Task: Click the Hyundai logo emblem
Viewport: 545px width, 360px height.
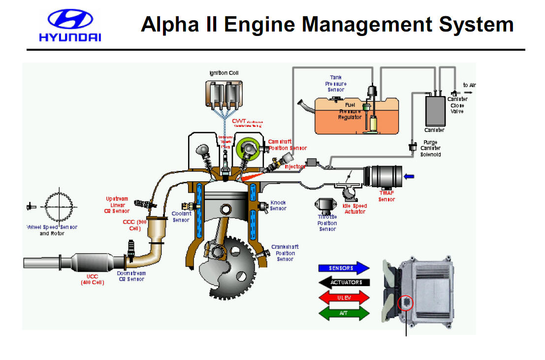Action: point(70,20)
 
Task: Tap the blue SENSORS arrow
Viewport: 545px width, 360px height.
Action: point(344,268)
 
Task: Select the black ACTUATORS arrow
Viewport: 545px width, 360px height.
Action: point(344,282)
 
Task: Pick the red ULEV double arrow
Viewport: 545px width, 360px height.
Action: point(344,297)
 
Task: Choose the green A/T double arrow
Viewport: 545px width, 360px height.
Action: point(344,313)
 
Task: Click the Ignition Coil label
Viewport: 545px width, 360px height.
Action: point(224,73)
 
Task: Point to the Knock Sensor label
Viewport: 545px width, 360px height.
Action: point(278,205)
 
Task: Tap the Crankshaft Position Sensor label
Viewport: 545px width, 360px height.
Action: point(285,253)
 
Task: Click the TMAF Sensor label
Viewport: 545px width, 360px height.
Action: point(387,196)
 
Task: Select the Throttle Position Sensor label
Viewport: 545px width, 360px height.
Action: point(327,223)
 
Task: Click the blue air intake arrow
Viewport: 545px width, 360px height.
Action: point(409,176)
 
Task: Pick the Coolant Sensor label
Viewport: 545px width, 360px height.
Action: point(181,217)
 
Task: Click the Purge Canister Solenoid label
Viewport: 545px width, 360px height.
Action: point(430,148)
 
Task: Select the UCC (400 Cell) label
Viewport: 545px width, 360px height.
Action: point(93,280)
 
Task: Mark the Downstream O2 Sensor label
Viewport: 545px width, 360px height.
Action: point(131,276)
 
